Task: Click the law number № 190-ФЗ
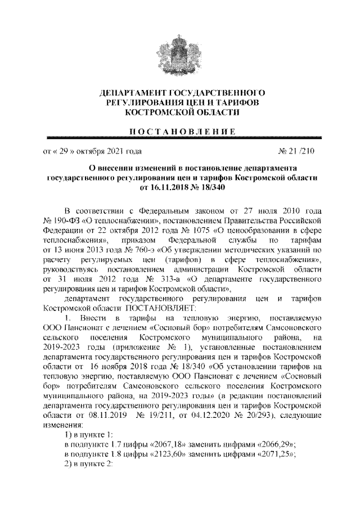pos(61,217)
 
